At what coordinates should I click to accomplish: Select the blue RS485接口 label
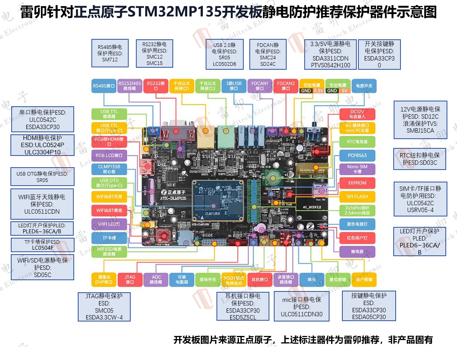103,86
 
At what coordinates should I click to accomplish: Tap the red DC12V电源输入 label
357,114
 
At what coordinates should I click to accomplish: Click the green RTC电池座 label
357,142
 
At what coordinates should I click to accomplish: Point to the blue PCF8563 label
357,155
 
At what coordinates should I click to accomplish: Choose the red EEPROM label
357,183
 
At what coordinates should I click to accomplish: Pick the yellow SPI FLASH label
357,196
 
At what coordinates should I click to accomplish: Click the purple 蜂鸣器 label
357,252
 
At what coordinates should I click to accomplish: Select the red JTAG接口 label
130,279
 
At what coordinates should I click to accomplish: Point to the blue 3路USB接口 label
234,86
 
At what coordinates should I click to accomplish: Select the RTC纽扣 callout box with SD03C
420,159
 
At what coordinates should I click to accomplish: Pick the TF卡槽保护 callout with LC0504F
43,245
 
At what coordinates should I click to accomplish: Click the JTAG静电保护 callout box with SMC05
104,307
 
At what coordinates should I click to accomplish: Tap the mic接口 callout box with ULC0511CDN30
301,307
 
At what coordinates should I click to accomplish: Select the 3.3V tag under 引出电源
318,91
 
